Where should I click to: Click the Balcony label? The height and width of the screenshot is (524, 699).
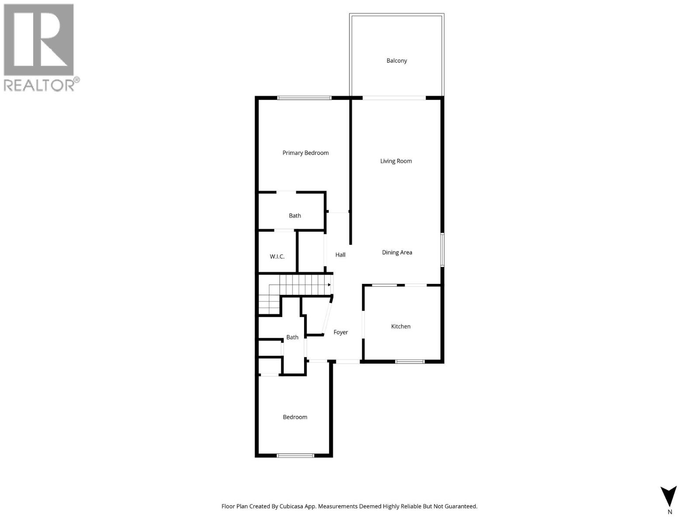(397, 61)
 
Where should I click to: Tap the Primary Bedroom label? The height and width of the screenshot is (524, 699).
(305, 153)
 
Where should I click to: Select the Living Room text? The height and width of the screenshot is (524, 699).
(396, 161)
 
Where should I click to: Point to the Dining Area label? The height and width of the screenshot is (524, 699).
(397, 252)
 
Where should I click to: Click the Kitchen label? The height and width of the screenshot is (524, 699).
(401, 327)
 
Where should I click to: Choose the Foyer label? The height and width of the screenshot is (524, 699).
(341, 332)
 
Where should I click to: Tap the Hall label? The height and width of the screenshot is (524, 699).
(340, 255)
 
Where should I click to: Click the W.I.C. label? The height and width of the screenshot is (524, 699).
(277, 257)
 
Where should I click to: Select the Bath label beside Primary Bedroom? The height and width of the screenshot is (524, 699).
(295, 216)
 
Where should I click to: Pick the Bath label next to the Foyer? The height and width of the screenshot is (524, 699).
(292, 337)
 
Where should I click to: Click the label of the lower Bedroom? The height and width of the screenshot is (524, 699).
(295, 417)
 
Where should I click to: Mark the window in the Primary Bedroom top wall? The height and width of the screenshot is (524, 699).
(305, 98)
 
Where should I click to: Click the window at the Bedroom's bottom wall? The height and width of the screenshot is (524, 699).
(295, 455)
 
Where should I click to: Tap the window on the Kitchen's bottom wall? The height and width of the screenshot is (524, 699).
(410, 362)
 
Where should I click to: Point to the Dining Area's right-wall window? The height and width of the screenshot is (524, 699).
(442, 250)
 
